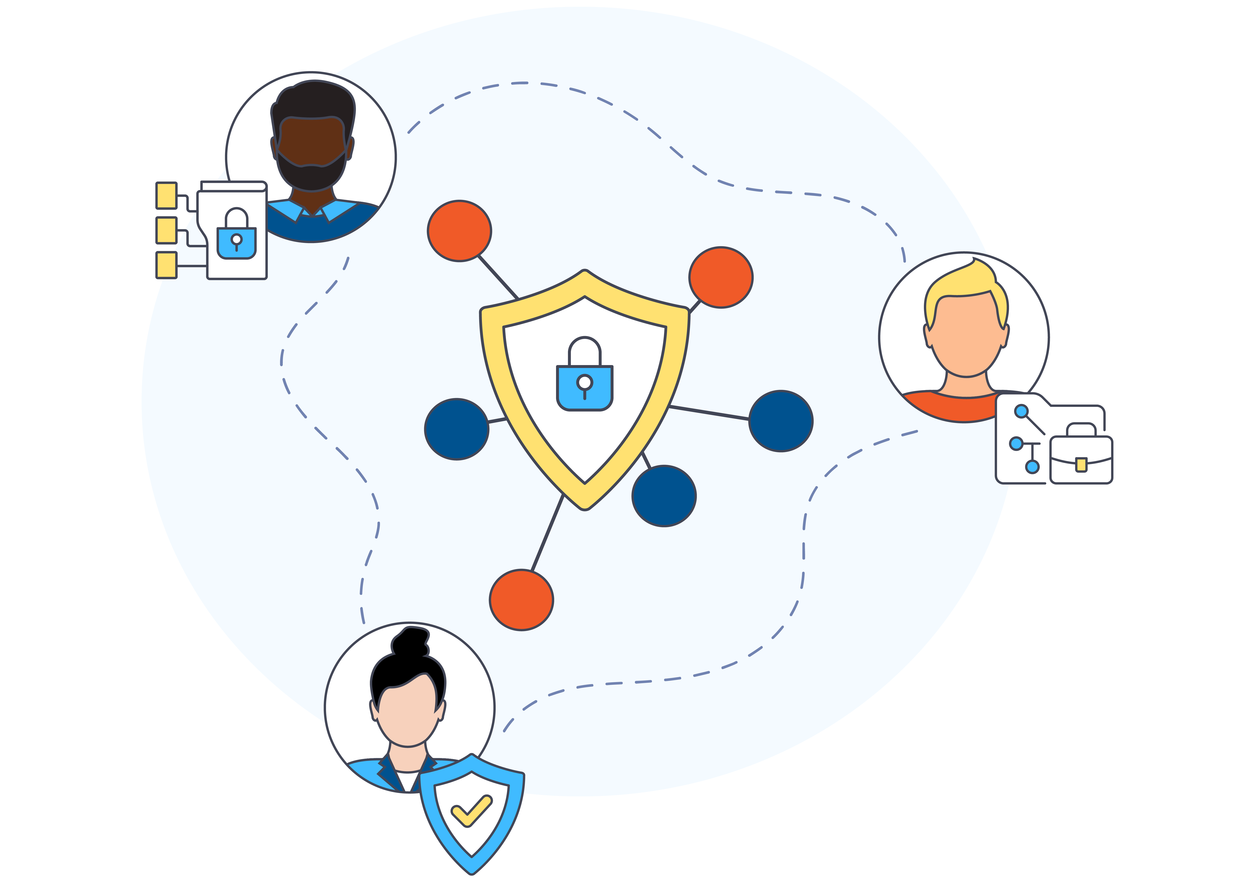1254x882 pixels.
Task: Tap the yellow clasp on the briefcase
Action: (x=1081, y=465)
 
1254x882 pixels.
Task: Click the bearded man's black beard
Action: (x=311, y=175)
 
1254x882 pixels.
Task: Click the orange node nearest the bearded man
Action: (x=459, y=231)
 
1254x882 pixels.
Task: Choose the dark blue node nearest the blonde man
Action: (x=780, y=421)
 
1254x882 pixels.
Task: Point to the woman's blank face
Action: (x=407, y=716)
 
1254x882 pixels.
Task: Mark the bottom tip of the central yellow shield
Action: (x=584, y=507)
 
